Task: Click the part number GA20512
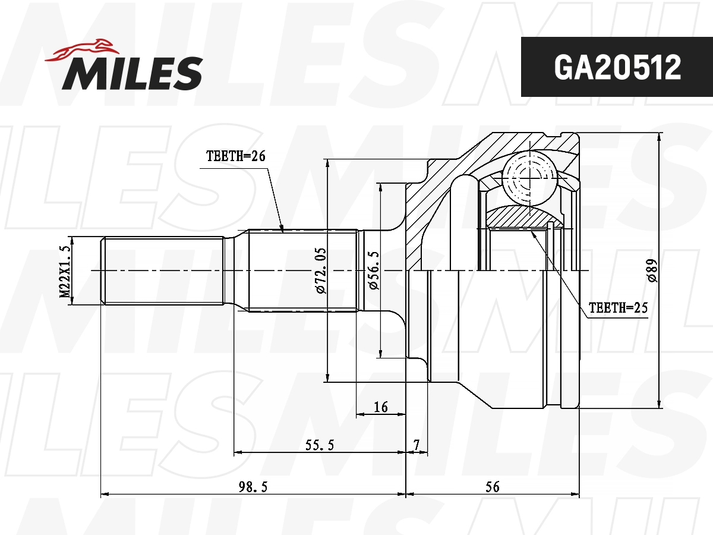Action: click(617, 68)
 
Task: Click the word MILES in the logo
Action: click(132, 73)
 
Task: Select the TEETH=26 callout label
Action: click(235, 156)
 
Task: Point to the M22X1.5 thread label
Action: click(65, 271)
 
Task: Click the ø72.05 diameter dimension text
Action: click(320, 270)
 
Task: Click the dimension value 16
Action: click(380, 407)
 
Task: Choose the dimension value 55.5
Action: click(320, 444)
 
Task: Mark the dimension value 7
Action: click(417, 444)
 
